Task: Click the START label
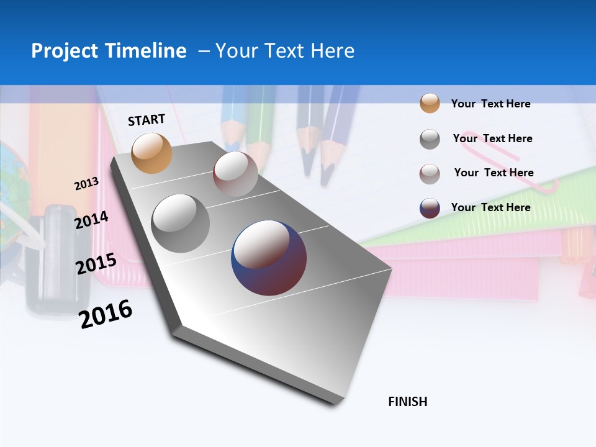(x=147, y=120)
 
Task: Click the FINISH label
(x=407, y=402)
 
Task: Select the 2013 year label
(x=86, y=184)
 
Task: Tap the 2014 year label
(x=91, y=220)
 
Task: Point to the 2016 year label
(x=106, y=314)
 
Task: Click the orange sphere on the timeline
(x=151, y=153)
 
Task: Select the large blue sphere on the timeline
(x=269, y=257)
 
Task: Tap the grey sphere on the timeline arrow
(x=180, y=223)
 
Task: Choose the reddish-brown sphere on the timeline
(x=235, y=173)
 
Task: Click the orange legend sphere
(x=430, y=103)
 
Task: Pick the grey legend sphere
(x=430, y=139)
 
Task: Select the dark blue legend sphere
(x=430, y=208)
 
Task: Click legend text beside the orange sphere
(x=490, y=104)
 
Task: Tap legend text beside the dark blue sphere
(x=490, y=207)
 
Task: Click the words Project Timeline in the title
(x=109, y=51)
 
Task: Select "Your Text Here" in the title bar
(x=285, y=51)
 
